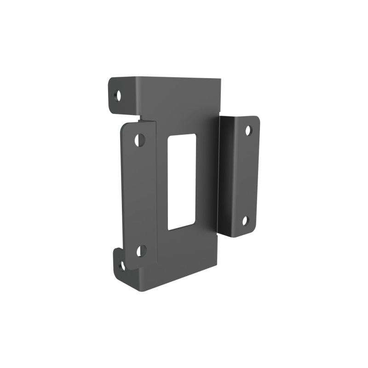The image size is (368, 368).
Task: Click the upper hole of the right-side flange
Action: click(248, 131)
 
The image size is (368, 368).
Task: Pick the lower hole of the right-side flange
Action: click(246, 221)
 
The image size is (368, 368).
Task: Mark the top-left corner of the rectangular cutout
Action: click(170, 137)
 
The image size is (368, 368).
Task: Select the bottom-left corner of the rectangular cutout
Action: click(168, 230)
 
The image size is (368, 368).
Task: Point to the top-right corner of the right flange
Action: click(259, 118)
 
